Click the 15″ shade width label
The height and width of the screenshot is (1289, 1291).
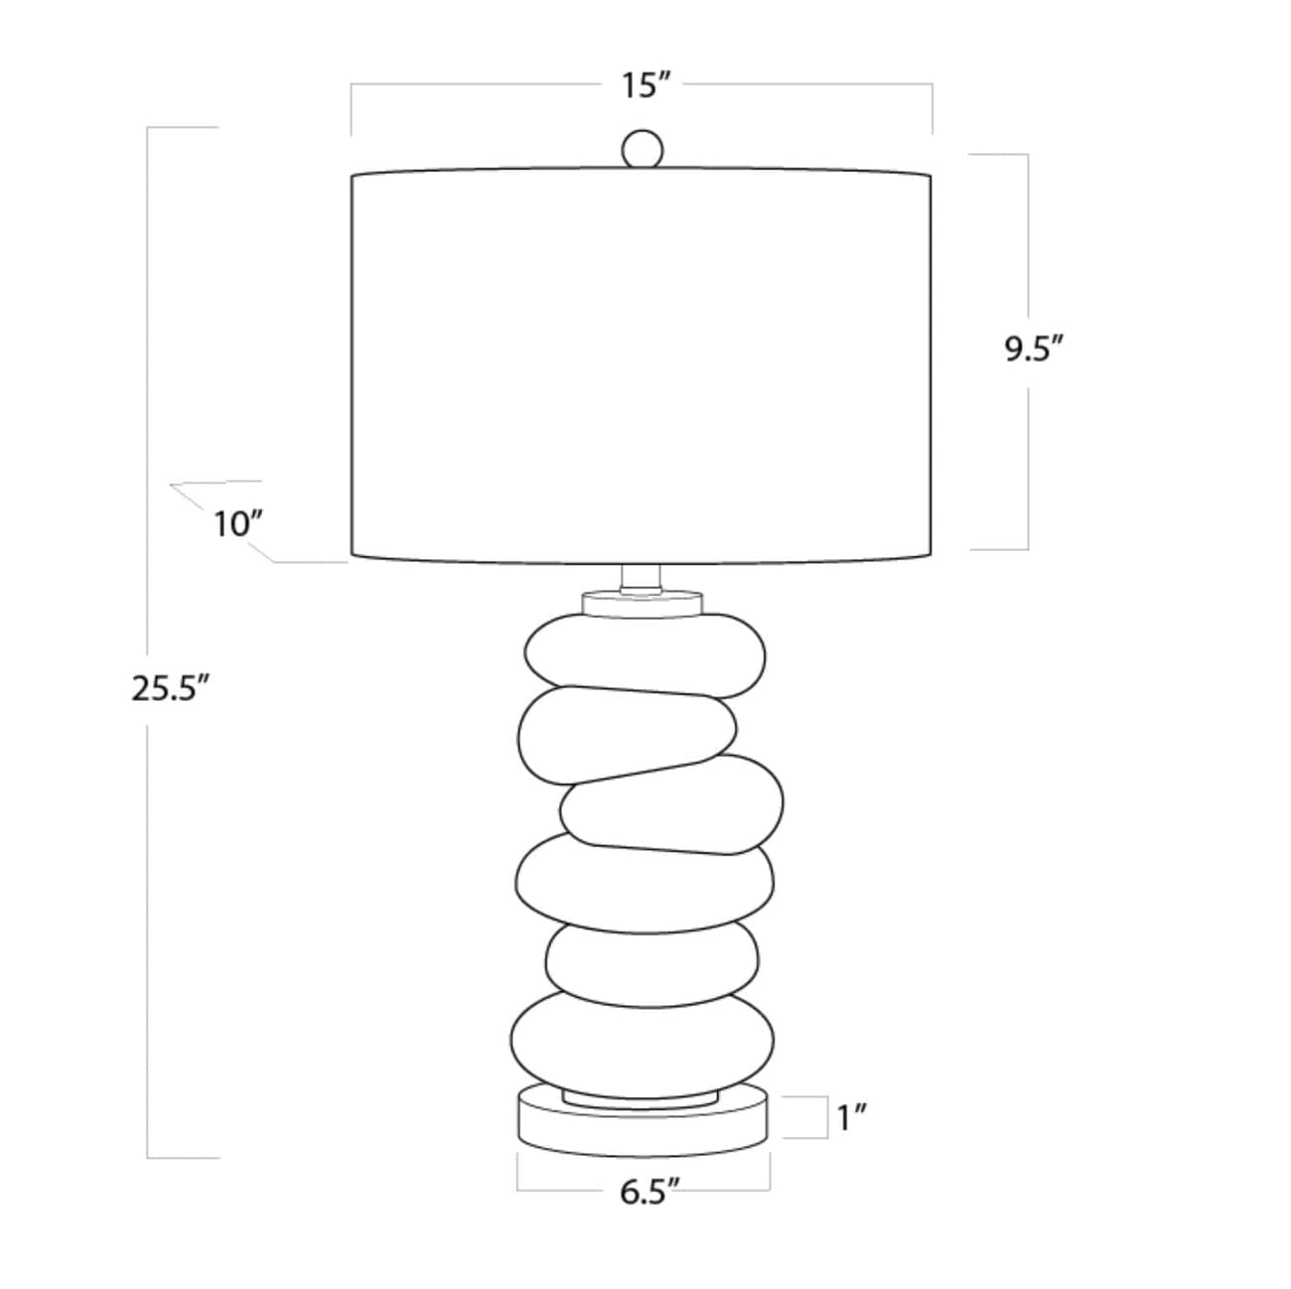(646, 85)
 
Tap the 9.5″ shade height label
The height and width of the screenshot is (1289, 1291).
(1034, 349)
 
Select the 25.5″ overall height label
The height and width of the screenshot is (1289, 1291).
(172, 688)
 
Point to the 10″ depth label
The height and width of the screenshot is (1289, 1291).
(237, 524)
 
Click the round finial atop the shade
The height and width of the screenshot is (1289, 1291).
(643, 149)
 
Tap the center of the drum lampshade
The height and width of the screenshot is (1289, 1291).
(642, 365)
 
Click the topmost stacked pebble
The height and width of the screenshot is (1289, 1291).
(645, 655)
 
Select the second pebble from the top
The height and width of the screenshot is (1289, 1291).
(627, 734)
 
